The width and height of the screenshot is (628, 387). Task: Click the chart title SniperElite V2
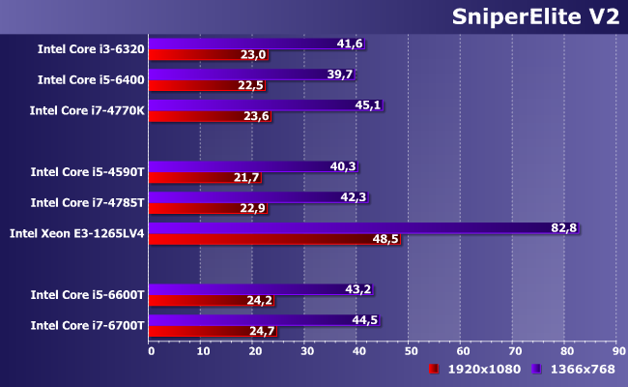click(x=534, y=18)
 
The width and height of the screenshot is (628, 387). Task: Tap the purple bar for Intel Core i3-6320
click(x=242, y=44)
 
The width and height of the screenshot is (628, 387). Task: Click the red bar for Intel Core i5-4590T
click(x=193, y=178)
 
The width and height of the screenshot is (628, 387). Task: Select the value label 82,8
click(x=565, y=227)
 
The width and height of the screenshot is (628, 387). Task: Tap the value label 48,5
click(x=386, y=239)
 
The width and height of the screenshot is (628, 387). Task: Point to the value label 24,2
click(x=260, y=301)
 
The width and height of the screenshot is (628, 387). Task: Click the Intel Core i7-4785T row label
click(x=87, y=202)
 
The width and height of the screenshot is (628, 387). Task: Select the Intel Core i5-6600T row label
click(x=87, y=294)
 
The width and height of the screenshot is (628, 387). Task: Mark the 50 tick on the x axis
click(x=411, y=351)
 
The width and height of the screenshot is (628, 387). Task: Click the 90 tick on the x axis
click(x=619, y=351)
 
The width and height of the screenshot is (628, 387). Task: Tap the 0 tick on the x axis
click(x=151, y=351)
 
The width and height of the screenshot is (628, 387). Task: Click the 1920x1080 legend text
click(x=483, y=369)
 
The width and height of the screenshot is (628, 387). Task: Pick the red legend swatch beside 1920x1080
click(x=434, y=369)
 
